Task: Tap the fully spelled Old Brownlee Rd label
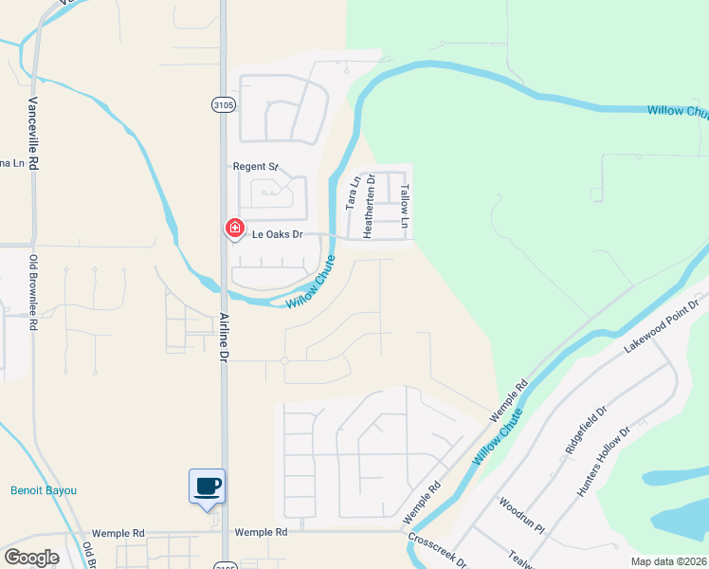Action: coord(33,293)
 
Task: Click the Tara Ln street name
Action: coord(352,193)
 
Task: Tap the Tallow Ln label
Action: coord(405,208)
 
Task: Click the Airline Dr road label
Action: coord(225,339)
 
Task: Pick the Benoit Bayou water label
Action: coord(44,490)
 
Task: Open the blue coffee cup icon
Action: coord(208,487)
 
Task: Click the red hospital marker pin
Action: coord(233,229)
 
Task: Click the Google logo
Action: coord(31,557)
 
